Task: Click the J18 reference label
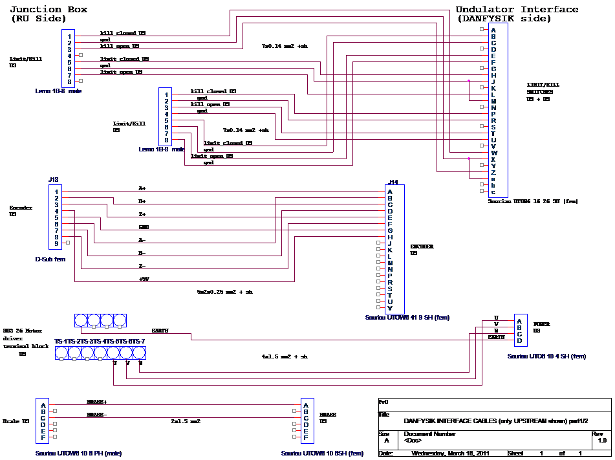click(x=54, y=180)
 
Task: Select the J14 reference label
click(x=394, y=182)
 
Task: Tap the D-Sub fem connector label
click(x=50, y=259)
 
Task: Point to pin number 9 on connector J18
click(x=57, y=243)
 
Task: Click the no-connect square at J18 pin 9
click(x=68, y=243)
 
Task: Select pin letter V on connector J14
click(x=389, y=308)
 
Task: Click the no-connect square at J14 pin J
click(x=379, y=243)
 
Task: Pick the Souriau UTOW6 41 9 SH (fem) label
click(x=407, y=318)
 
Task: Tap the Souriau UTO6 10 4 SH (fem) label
click(x=546, y=356)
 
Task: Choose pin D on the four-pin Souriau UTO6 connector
click(x=519, y=340)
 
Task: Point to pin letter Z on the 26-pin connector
click(x=493, y=172)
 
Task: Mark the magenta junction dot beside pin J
click(x=469, y=81)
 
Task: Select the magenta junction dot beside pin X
click(x=469, y=159)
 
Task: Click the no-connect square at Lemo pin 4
click(x=81, y=55)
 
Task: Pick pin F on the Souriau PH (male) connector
click(x=43, y=437)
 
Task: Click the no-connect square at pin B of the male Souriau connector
click(x=55, y=411)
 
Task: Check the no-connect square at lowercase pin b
click(x=482, y=185)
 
